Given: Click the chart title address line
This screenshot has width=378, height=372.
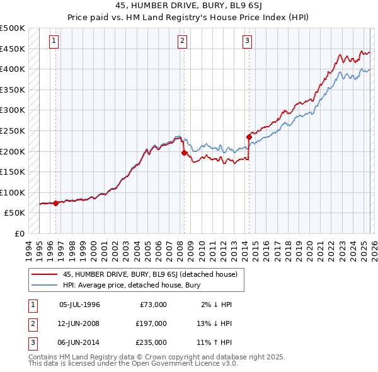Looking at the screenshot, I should pyautogui.click(x=189, y=6).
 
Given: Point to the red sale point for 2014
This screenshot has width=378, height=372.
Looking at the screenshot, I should pyautogui.click(x=249, y=136).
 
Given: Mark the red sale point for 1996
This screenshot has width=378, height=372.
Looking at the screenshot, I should pyautogui.click(x=55, y=203).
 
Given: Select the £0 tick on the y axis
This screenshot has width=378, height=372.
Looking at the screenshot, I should pyautogui.click(x=20, y=233).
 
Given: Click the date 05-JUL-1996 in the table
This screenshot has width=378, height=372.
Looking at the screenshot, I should pyautogui.click(x=79, y=305).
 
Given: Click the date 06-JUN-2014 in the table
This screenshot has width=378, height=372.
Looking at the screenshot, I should pyautogui.click(x=79, y=342).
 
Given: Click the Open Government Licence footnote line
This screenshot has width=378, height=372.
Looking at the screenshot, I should pyautogui.click(x=133, y=363).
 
